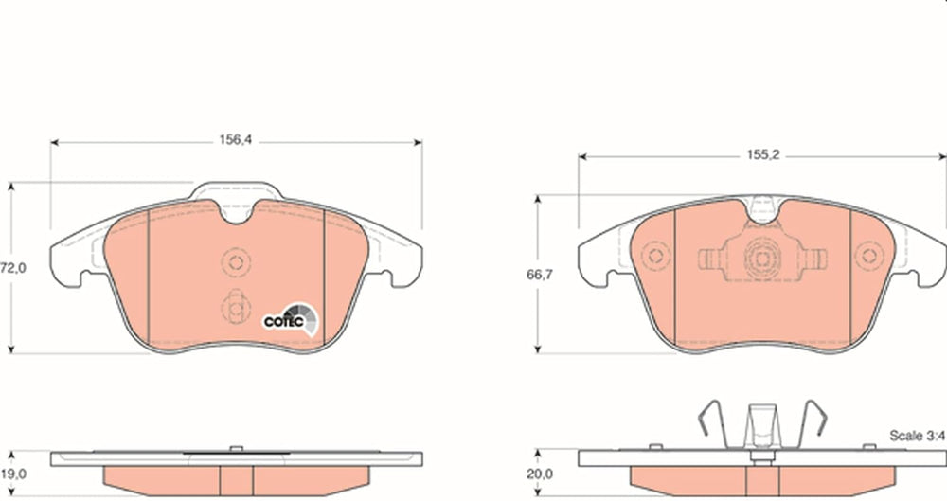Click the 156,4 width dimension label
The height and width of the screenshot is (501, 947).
click(235, 140)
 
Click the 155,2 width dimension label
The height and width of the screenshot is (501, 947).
click(762, 154)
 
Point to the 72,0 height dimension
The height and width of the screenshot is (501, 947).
click(12, 268)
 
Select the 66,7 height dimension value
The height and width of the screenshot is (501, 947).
click(540, 275)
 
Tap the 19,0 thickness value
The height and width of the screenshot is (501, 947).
click(12, 474)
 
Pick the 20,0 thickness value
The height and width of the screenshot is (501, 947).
click(540, 474)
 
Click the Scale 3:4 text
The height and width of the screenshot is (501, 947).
click(917, 435)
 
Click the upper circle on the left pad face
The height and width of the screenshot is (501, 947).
click(236, 261)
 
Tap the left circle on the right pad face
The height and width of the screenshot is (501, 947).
click(656, 256)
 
